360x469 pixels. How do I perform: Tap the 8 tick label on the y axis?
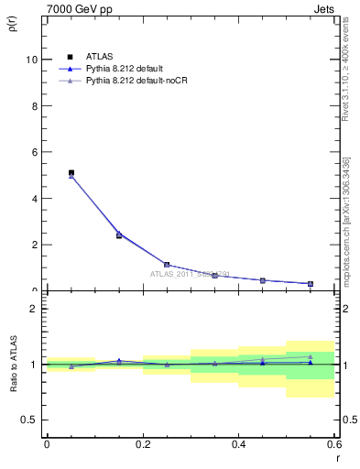[36, 105]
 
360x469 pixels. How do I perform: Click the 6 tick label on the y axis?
[36, 152]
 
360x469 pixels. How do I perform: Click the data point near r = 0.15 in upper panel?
[119, 235]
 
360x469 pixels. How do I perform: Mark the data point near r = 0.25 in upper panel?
[167, 264]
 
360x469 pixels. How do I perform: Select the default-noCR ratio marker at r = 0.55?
[311, 356]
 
